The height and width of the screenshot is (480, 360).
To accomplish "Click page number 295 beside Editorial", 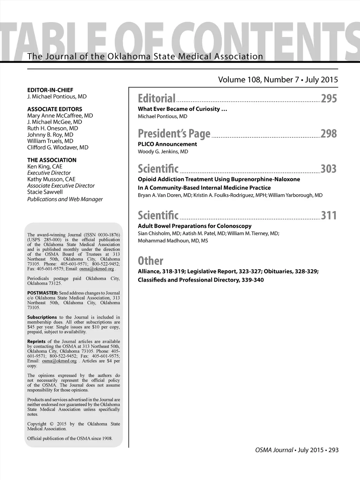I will (x=329, y=98).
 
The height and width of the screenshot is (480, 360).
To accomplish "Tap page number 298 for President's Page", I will (x=329, y=134).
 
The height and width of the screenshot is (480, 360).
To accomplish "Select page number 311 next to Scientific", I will (x=329, y=215).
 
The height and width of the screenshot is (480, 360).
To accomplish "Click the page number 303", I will (x=329, y=169).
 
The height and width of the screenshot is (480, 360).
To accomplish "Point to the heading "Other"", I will (x=150, y=261).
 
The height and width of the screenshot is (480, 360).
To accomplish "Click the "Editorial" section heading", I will (x=156, y=98).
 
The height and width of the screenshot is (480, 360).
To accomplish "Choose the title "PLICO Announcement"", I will (x=167, y=144).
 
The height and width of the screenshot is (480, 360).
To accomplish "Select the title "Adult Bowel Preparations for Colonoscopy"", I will (x=195, y=226).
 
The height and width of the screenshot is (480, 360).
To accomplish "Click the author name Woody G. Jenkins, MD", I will (x=163, y=152).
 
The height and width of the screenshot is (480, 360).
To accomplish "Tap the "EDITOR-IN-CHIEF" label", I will (x=50, y=90).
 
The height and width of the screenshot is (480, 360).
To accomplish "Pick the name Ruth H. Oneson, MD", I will (x=53, y=128).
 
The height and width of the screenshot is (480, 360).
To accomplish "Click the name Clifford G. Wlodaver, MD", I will (x=58, y=147).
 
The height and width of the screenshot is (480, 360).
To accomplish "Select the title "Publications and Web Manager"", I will (x=65, y=199).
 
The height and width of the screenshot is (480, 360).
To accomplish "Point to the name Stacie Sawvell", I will (x=45, y=192).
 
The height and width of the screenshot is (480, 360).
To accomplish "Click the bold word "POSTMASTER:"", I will (x=43, y=293).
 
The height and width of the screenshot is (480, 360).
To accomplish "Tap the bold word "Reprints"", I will (x=36, y=341).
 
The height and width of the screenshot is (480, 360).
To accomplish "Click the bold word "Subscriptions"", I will (x=42, y=317).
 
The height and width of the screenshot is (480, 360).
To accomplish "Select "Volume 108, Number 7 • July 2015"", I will (x=278, y=80).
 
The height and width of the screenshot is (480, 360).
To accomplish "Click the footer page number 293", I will (x=334, y=450).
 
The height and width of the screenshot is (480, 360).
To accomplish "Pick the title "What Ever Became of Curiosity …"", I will (x=182, y=109).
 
